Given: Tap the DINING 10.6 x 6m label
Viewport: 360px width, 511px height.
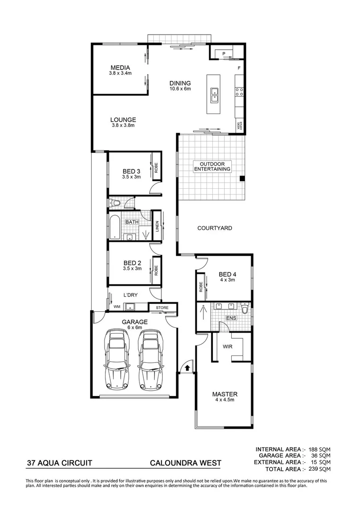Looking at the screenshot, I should tap(180, 86).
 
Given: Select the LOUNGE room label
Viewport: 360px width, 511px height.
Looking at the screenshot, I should tap(123, 122).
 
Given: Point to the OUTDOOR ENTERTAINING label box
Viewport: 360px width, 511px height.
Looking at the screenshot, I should tap(212, 166).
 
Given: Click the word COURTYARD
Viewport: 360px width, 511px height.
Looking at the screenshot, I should tap(214, 228).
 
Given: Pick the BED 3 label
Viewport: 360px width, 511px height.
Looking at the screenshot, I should tap(132, 174).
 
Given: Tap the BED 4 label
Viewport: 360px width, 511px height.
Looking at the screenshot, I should tap(227, 277).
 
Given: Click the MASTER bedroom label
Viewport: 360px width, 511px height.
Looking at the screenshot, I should tap(224, 396).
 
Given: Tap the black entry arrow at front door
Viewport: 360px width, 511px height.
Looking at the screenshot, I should tap(187, 366).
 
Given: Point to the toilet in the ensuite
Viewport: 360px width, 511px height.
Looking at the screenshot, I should tap(244, 308).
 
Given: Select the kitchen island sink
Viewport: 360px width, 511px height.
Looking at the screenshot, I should tap(214, 95).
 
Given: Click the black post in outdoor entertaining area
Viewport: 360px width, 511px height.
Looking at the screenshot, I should tap(242, 178).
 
